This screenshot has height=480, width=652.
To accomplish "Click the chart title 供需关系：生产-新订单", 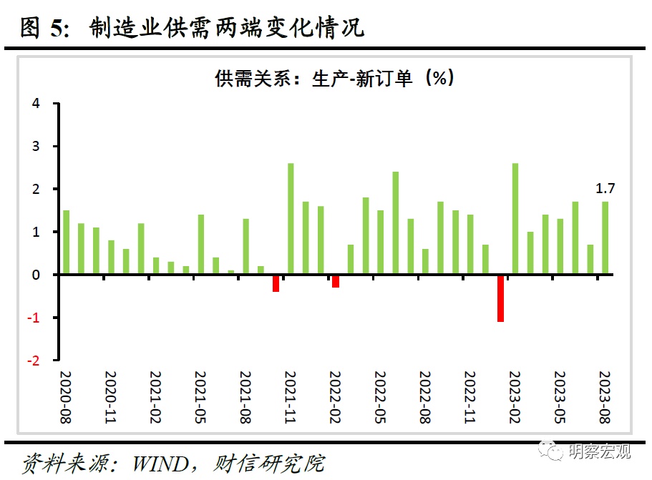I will [x=335, y=78].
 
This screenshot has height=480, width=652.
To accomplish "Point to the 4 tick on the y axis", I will [x=36, y=104].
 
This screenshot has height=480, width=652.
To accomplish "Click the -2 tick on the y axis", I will [x=33, y=361].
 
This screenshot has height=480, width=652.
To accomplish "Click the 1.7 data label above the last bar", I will [x=605, y=189].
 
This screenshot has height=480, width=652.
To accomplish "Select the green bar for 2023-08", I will [x=605, y=238].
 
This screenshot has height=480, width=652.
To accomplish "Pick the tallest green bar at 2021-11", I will [x=291, y=219].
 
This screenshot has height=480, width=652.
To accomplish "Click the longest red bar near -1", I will [x=501, y=298].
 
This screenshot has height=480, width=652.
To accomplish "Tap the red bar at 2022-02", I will [x=336, y=281].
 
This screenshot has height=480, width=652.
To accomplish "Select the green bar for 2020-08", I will [x=67, y=243].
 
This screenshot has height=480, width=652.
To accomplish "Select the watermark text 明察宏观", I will [x=600, y=451].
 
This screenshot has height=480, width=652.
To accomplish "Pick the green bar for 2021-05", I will [x=201, y=245].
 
